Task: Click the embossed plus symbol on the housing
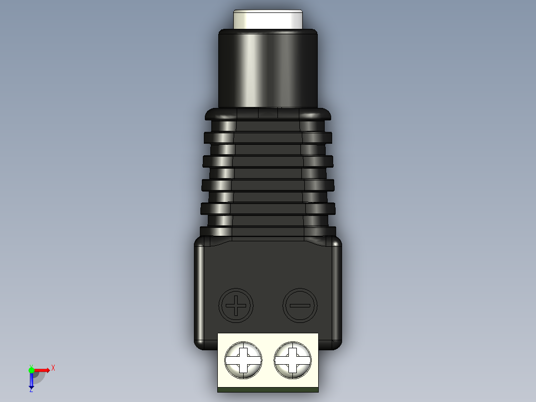pyautogui.click(x=236, y=305)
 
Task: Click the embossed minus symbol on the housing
pyautogui.click(x=300, y=305)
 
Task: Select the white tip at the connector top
pyautogui.click(x=268, y=19)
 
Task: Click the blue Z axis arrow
pyautogui.click(x=31, y=381)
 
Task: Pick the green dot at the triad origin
pyautogui.click(x=31, y=370)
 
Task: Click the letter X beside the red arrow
pyautogui.click(x=53, y=368)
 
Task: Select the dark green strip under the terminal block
pyautogui.click(x=268, y=390)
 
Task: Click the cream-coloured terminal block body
pyautogui.click(x=268, y=338)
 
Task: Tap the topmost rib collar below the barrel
pyautogui.click(x=268, y=114)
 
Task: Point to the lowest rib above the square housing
pyautogui.click(x=268, y=231)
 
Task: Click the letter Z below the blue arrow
pyautogui.click(x=31, y=390)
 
